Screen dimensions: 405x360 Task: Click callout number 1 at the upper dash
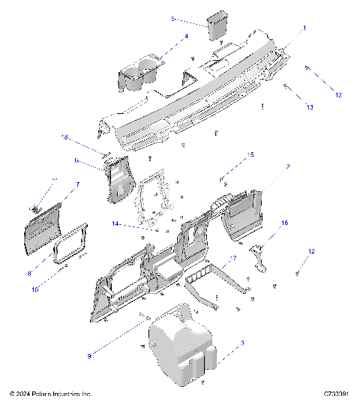click(304, 28)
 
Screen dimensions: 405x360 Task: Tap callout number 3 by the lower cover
click(241, 343)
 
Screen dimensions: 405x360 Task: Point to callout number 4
click(186, 36)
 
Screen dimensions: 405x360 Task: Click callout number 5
click(172, 17)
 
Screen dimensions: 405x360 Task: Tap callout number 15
click(250, 154)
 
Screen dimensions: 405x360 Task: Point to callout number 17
click(233, 259)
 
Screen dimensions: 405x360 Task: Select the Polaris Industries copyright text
click(50, 393)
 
